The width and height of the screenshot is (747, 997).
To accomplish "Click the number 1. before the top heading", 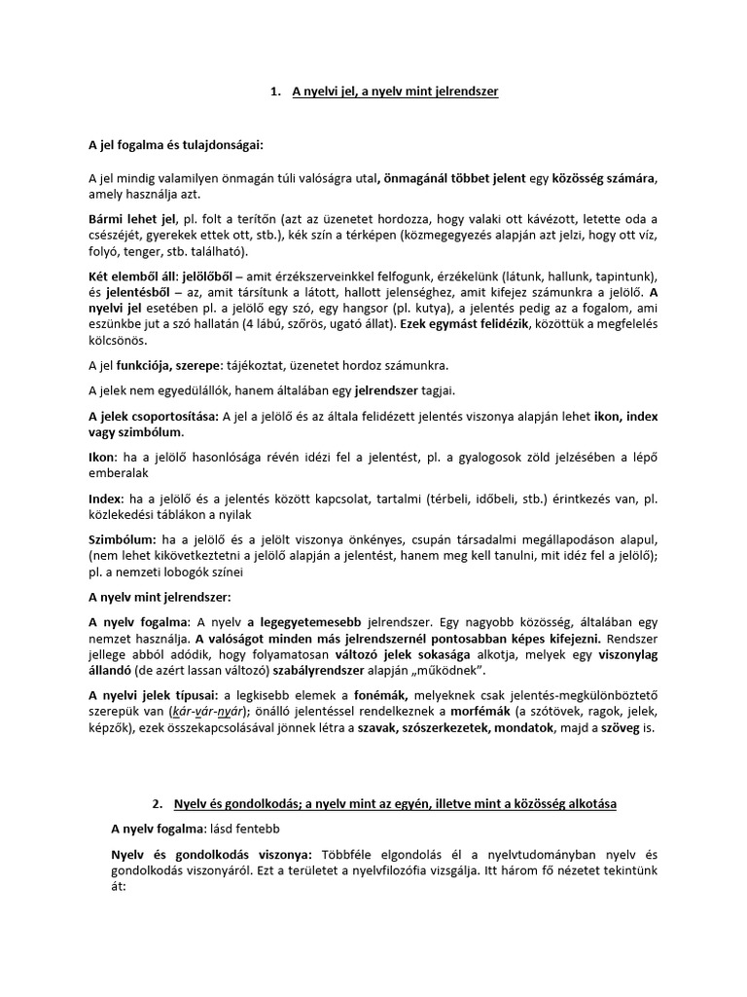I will (275, 92).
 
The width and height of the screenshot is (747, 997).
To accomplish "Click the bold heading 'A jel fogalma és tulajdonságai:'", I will (176, 145).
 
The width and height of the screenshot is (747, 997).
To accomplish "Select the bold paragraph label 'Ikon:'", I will (103, 459).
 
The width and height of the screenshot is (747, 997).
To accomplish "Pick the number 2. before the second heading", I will (158, 805).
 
